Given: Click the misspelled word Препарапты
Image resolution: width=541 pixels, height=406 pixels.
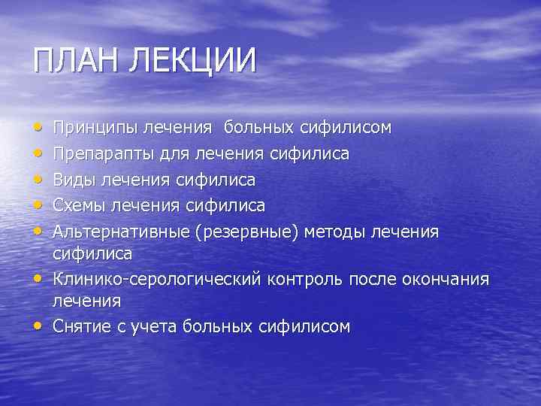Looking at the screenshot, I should pos(104,153).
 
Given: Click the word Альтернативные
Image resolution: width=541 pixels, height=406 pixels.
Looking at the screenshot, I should pos(121,230).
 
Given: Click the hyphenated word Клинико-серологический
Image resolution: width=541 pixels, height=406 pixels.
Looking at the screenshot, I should pos(157,280).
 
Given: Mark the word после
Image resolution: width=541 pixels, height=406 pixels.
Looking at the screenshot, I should pos(379,280).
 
